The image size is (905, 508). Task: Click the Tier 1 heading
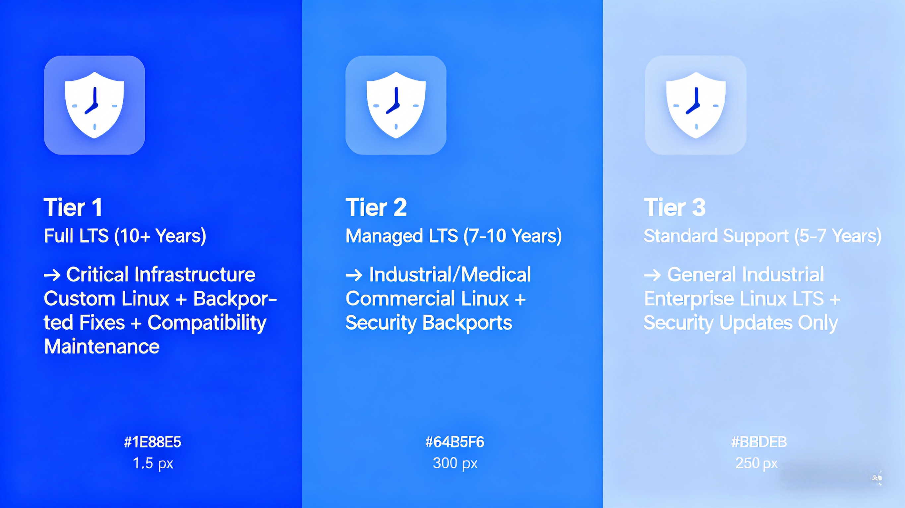[x=73, y=208]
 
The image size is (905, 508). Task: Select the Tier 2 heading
[x=376, y=208]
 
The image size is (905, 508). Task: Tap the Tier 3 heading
[x=675, y=208]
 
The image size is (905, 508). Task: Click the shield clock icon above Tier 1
[x=94, y=105]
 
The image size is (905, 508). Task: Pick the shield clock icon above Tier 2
[x=396, y=105]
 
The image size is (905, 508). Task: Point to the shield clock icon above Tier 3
[x=696, y=105]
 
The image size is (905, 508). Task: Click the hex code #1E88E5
[x=152, y=442]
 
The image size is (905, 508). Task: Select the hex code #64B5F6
[x=455, y=442]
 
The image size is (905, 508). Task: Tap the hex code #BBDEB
[x=759, y=442]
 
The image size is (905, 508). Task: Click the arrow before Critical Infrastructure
[x=52, y=275]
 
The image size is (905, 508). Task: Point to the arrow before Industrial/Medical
[x=354, y=275]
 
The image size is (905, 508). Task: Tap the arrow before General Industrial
[x=652, y=275]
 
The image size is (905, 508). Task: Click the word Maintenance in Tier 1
[x=102, y=346]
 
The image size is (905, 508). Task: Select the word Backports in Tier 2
[x=468, y=323]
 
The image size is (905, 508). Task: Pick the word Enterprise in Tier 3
[x=689, y=299]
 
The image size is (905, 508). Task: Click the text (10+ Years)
[x=160, y=236]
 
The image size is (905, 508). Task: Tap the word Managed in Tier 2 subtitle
[x=384, y=236]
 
